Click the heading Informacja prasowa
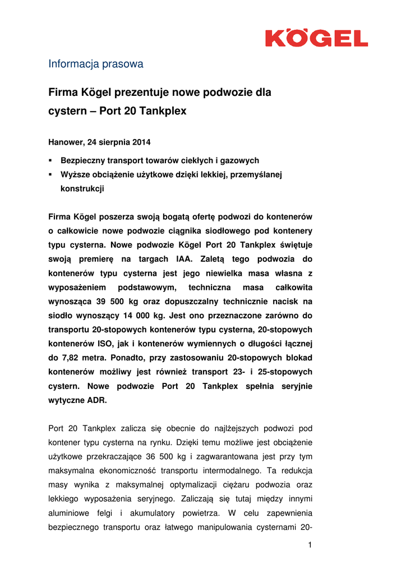tap(96, 64)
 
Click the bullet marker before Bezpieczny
tap(50, 160)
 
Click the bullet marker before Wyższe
tap(50, 174)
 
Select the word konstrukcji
tap(82, 189)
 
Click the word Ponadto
tap(118, 358)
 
